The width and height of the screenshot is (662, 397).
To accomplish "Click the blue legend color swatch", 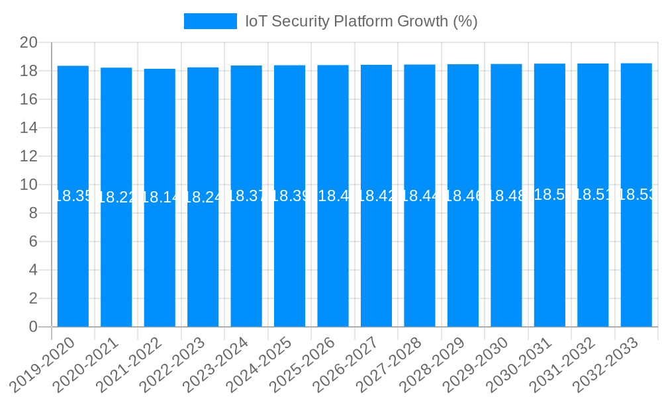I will click(210, 21).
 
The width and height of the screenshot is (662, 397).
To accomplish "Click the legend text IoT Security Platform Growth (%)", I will click(361, 21).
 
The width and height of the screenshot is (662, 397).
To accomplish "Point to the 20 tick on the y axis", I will click(28, 42).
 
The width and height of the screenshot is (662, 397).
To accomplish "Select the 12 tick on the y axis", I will click(28, 156).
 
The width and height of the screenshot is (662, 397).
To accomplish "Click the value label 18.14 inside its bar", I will click(160, 197).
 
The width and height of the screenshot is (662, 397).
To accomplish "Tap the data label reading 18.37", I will click(246, 196).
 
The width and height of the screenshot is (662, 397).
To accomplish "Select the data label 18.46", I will click(463, 196).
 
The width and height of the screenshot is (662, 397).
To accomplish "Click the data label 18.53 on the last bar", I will click(636, 195).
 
